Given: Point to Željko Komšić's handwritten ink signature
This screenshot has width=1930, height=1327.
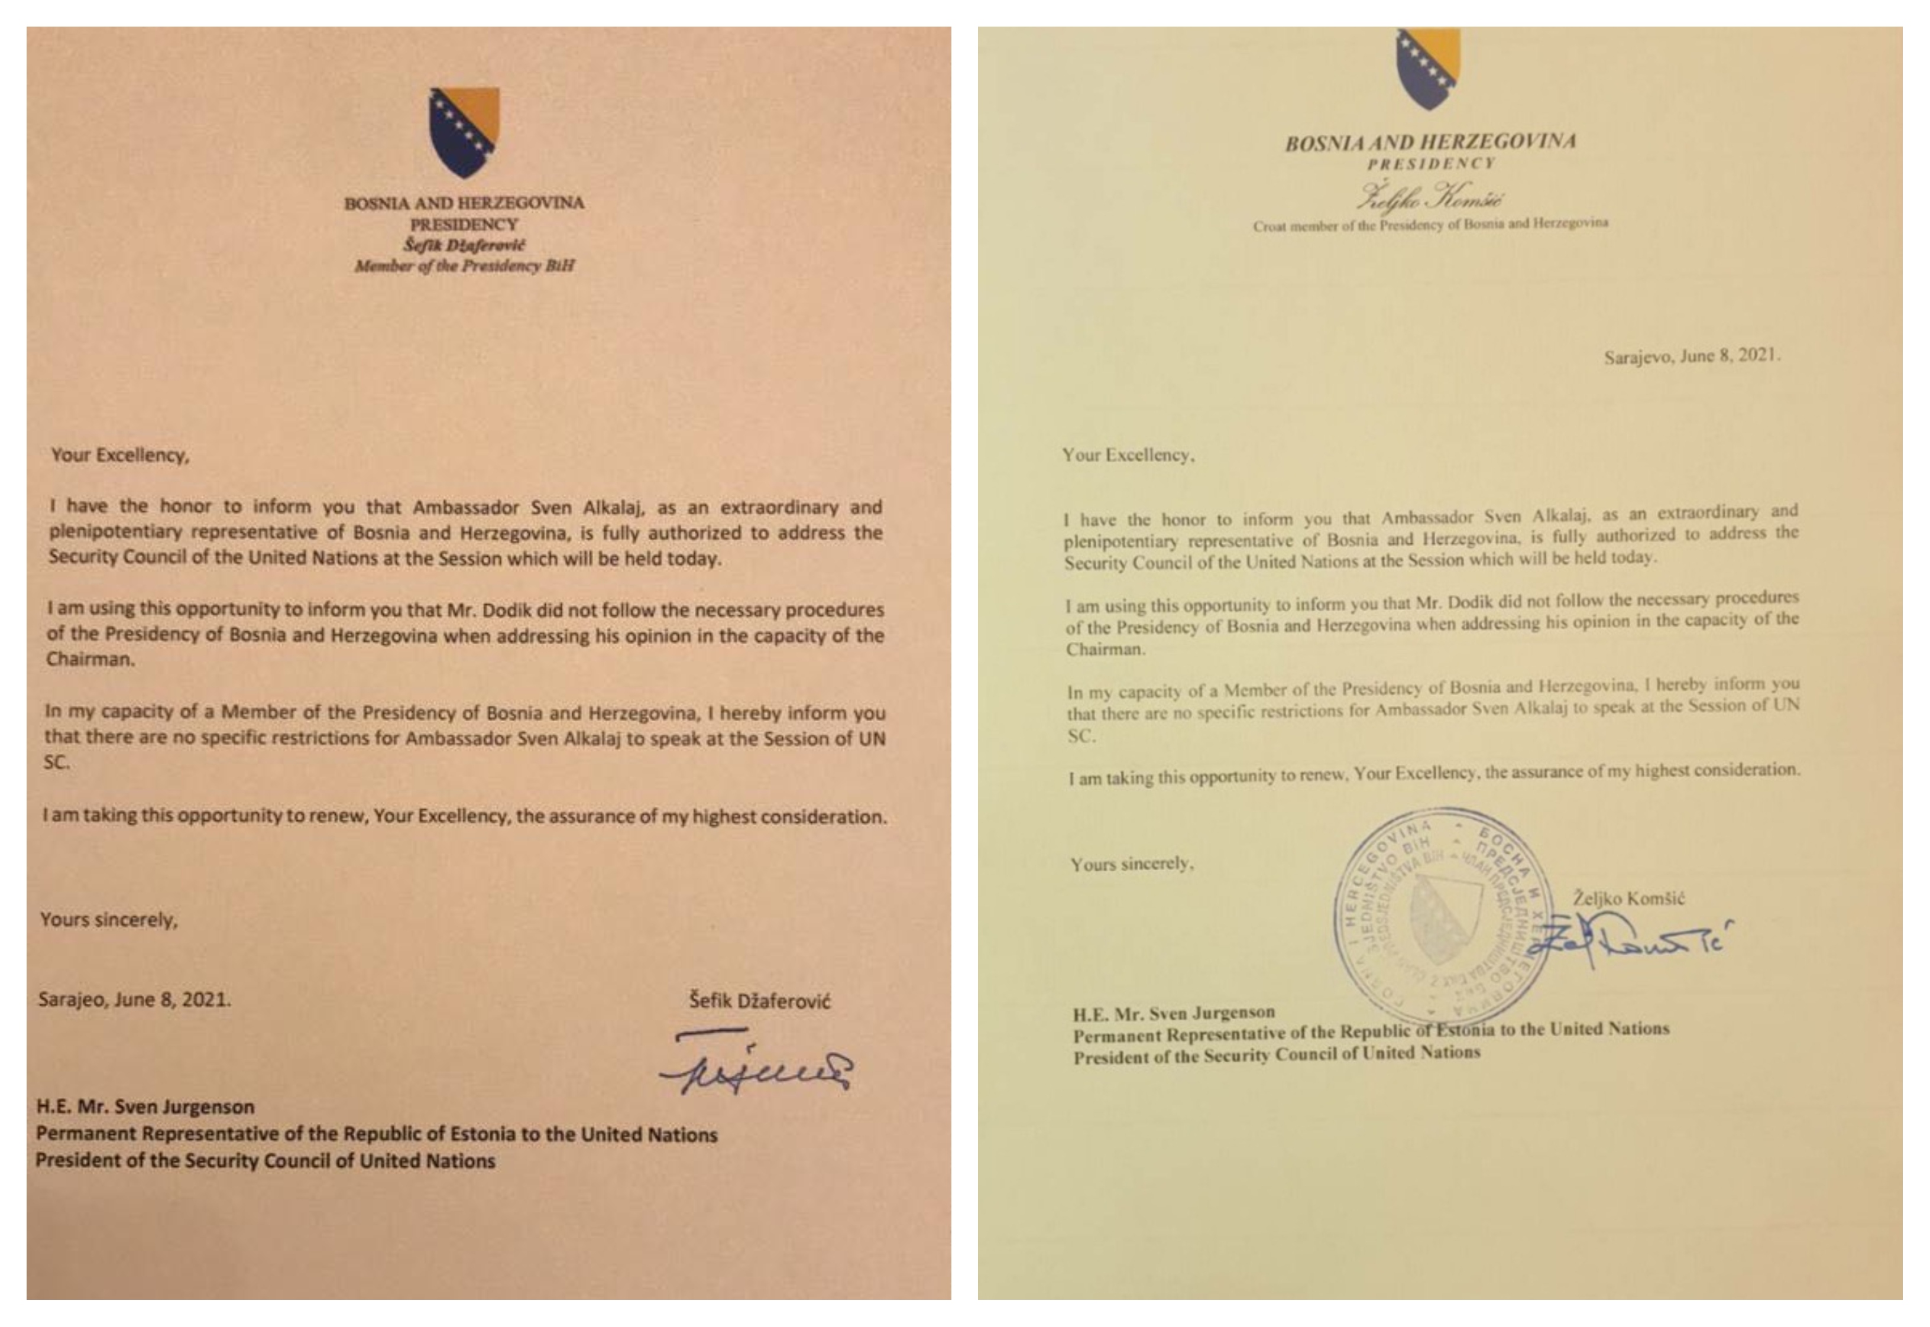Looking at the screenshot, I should (x=1630, y=940).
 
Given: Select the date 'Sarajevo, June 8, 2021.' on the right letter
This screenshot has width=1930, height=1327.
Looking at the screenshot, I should (x=1691, y=356).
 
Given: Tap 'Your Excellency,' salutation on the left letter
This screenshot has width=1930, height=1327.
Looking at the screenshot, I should (x=121, y=455).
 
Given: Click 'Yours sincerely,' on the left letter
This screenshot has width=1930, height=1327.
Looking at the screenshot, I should (x=109, y=920).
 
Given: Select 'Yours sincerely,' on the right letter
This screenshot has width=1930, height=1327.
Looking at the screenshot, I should (x=1132, y=864).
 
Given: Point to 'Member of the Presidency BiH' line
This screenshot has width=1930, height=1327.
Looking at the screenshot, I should (x=464, y=266).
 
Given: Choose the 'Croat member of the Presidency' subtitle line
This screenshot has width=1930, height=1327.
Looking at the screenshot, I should (x=1430, y=223).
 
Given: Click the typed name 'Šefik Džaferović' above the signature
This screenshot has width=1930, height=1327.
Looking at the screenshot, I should (x=759, y=1000).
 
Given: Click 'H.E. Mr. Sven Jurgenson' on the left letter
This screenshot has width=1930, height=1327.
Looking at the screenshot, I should (x=145, y=1107).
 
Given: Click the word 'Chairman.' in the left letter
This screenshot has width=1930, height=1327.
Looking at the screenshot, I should (x=90, y=659).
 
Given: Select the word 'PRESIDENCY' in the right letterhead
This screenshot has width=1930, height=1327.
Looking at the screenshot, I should (x=1431, y=164).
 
